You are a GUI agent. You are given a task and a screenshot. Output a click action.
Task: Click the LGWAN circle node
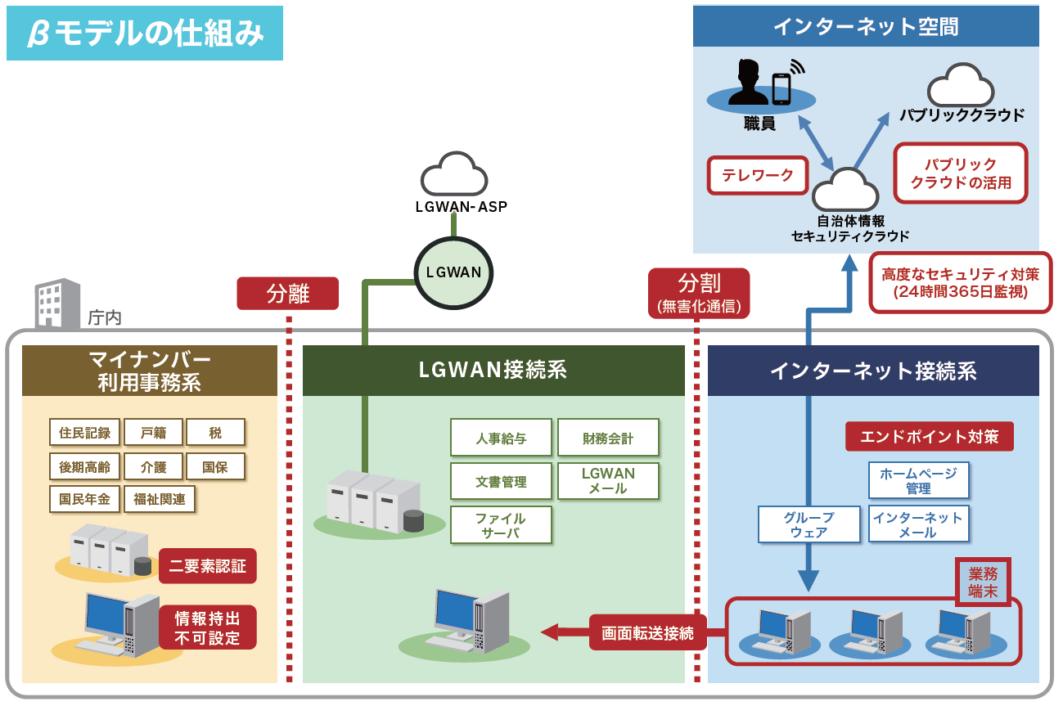454,272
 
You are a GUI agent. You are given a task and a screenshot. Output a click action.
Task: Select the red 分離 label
288,293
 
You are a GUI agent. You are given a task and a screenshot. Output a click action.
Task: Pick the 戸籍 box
153,432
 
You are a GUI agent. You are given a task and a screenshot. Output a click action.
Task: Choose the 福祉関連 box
160,498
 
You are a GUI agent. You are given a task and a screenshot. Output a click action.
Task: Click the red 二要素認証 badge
208,565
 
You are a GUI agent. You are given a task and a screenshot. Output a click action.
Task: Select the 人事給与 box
501,438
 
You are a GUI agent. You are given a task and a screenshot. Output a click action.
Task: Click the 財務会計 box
608,438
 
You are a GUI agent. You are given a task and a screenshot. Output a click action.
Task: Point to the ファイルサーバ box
501,525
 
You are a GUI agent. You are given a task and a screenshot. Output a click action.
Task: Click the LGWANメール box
608,481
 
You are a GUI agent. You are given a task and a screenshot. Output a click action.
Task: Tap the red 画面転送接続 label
647,632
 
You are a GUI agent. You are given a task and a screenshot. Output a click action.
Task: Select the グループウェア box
809,524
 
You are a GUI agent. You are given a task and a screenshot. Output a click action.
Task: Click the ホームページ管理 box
918,480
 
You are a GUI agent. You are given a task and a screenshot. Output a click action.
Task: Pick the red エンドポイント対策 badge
930,437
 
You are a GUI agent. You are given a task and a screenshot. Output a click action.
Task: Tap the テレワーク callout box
757,175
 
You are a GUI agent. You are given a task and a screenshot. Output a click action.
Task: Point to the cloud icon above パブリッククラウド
961,85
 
